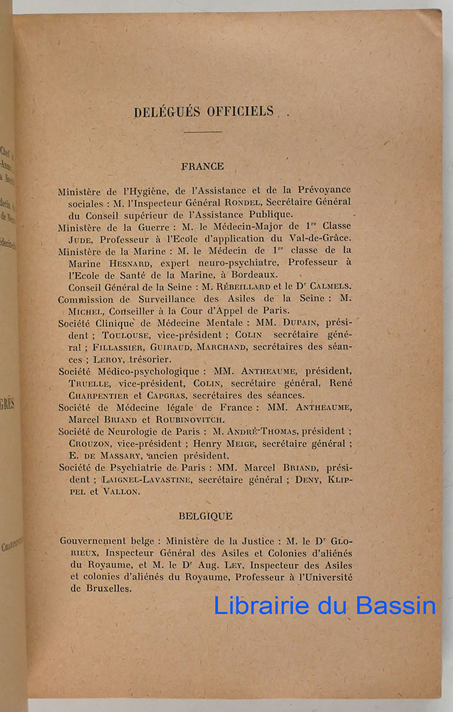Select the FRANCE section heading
pos(202,166)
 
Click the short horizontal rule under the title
pos(202,132)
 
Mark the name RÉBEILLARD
pos(244,286)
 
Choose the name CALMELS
pos(327,286)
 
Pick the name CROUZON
pos(83,444)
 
